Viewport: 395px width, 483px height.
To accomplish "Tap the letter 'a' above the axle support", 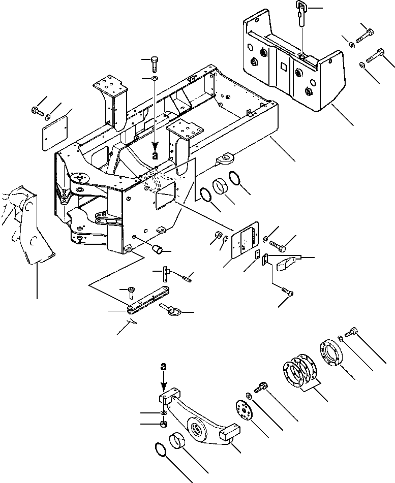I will [163, 366].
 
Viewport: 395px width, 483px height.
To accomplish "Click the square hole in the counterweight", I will [283, 66].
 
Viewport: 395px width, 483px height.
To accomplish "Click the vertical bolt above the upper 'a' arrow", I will [154, 65].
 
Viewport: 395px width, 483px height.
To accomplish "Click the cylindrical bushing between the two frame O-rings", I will [220, 185].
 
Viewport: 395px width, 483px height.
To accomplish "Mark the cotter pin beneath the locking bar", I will [134, 320].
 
